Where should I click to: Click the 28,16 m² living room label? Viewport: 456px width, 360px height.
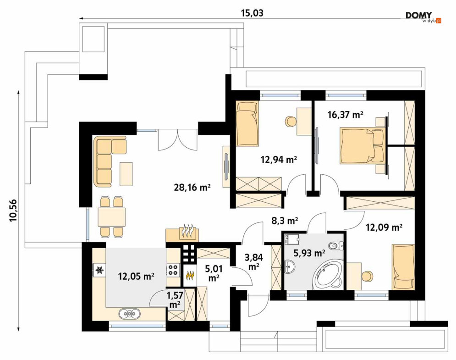coord(192,188)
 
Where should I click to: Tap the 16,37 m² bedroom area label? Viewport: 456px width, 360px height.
coord(345,115)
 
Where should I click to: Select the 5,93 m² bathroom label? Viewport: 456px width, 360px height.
coord(309,253)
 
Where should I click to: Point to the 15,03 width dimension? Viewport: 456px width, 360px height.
coord(252,13)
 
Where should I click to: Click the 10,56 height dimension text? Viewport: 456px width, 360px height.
coord(14,210)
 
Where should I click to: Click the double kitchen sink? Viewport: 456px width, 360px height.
coord(129,313)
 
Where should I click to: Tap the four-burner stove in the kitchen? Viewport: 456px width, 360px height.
coord(173,269)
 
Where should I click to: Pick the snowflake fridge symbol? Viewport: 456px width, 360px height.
coord(100,270)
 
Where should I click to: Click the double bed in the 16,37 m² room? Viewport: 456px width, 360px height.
coord(363,145)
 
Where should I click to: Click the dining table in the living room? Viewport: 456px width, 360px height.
coord(112,217)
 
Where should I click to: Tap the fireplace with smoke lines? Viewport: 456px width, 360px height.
coord(187,232)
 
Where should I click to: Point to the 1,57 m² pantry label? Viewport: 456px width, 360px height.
coord(175,300)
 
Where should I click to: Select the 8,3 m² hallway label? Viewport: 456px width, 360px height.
coord(285,221)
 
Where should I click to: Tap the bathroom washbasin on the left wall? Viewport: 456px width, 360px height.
coord(290,267)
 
